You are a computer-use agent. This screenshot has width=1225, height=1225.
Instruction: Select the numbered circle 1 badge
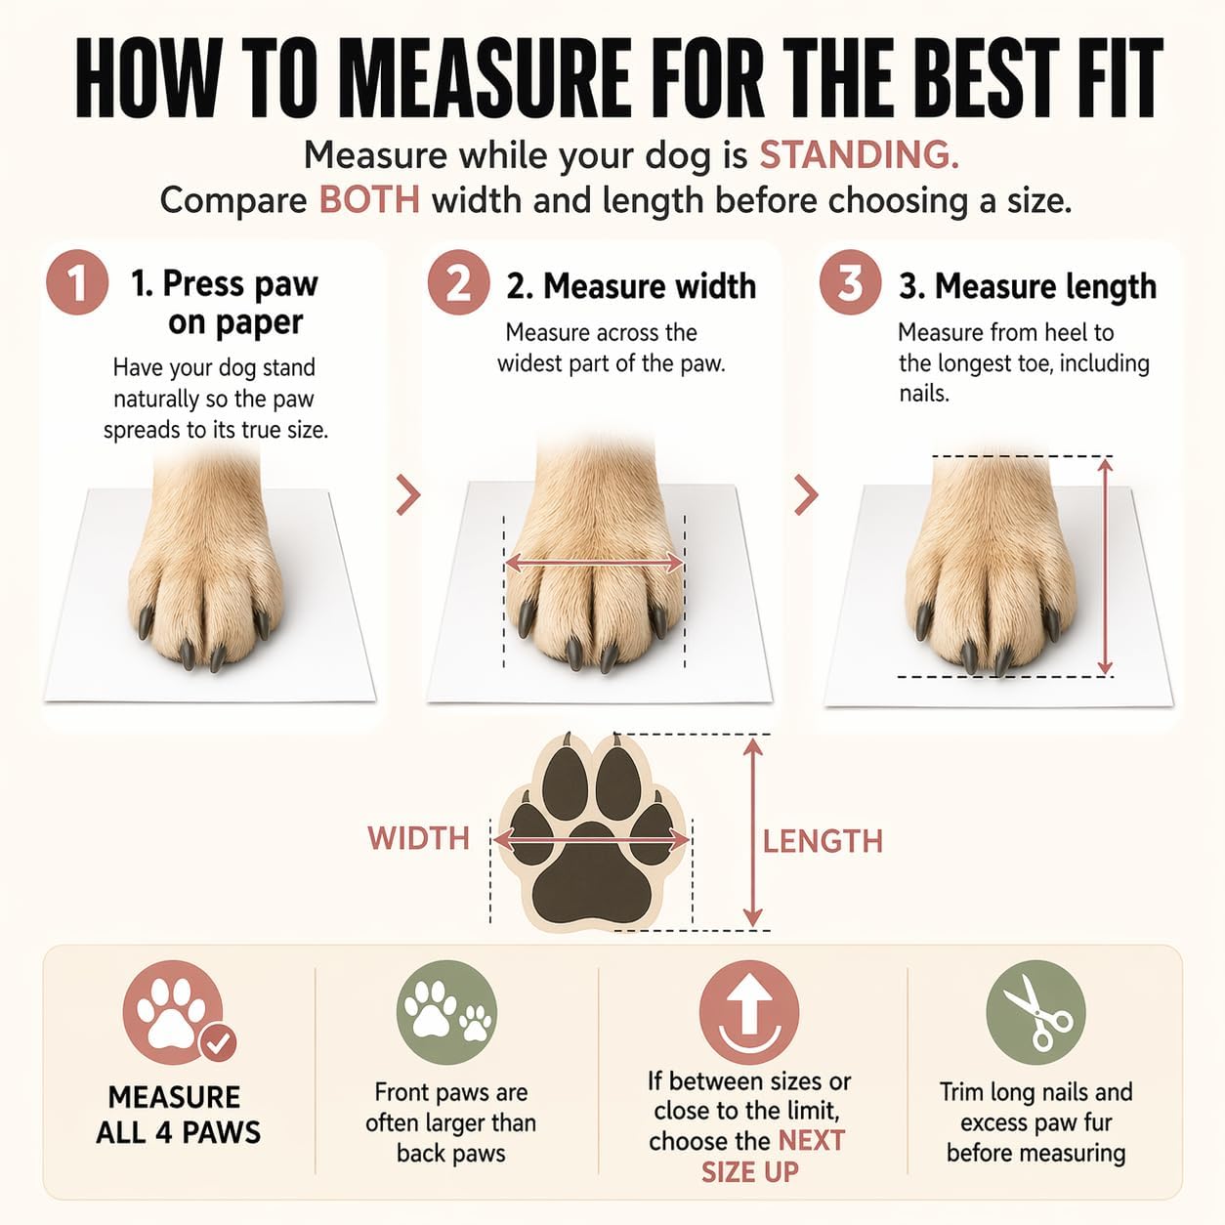pyautogui.click(x=77, y=282)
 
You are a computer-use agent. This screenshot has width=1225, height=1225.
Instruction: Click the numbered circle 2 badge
pyautogui.click(x=458, y=282)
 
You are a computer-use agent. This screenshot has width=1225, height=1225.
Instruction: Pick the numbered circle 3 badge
pyautogui.click(x=851, y=282)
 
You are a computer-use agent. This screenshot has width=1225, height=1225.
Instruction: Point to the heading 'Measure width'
pyautogui.click(x=631, y=286)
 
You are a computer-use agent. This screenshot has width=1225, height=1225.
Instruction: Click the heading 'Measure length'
pyautogui.click(x=1028, y=286)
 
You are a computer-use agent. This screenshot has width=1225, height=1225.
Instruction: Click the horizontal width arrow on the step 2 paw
pyautogui.click(x=594, y=562)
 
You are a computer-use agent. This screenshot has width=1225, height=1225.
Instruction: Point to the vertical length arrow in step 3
pyautogui.click(x=1105, y=567)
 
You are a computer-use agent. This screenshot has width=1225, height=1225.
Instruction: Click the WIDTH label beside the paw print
pyautogui.click(x=419, y=838)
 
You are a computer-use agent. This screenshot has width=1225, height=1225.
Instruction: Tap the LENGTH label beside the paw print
pyautogui.click(x=823, y=841)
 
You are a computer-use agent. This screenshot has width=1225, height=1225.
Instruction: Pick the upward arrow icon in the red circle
pyautogui.click(x=749, y=1004)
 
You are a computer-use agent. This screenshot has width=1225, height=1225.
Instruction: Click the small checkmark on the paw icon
pyautogui.click(x=218, y=1043)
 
